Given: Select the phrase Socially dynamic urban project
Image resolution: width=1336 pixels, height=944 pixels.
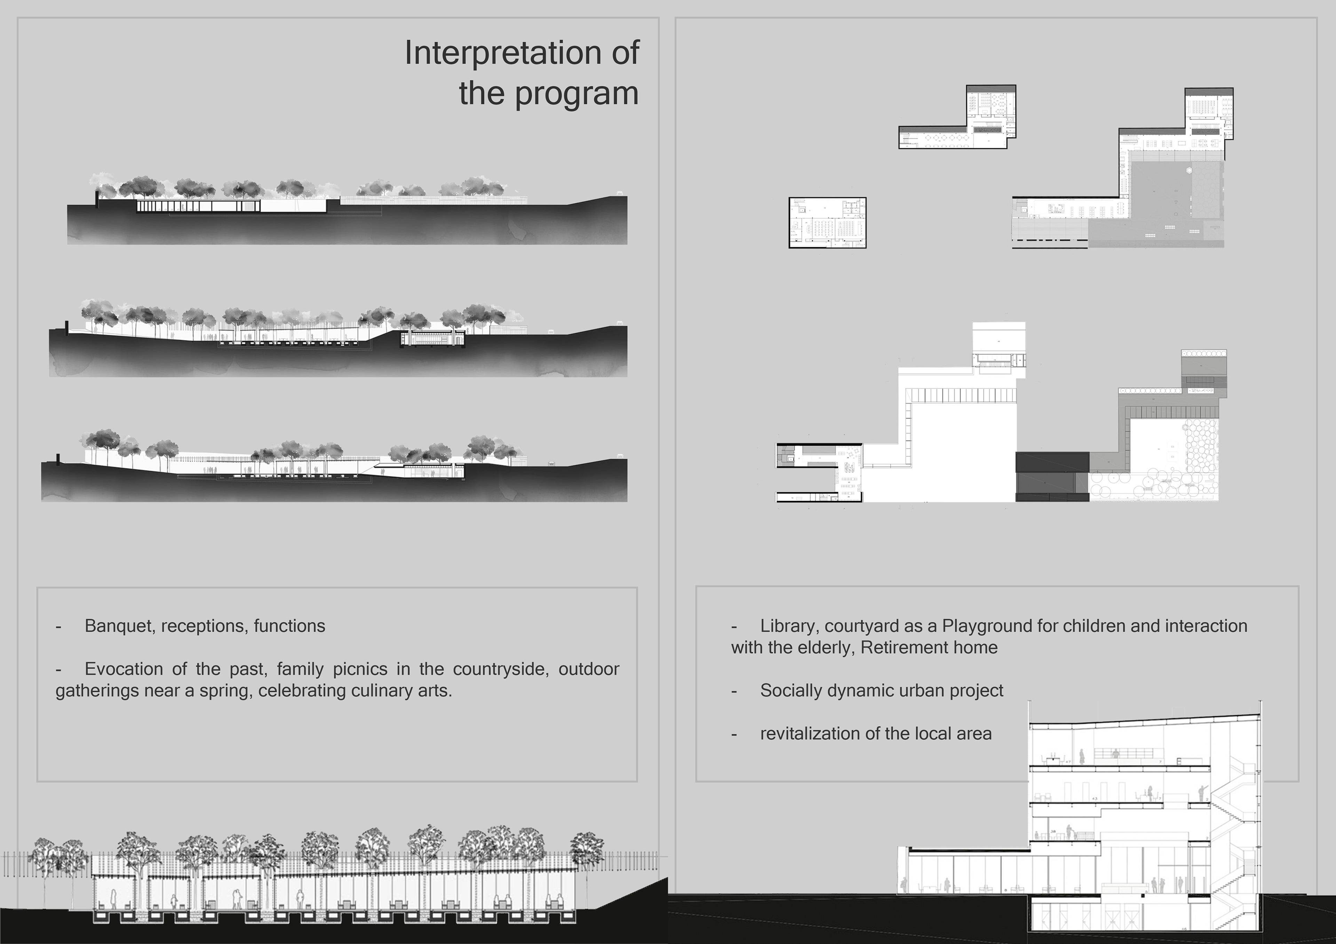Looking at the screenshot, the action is coord(882,691).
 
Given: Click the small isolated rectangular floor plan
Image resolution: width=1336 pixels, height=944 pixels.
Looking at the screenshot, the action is coord(827,223).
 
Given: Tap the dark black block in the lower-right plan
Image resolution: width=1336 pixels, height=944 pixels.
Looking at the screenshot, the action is coord(1052,476).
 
